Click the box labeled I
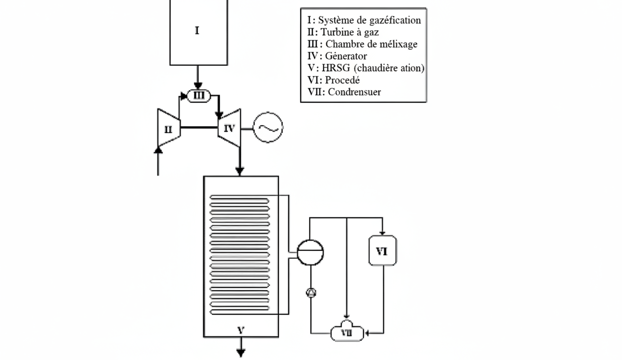click(198, 32)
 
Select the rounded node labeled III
click(199, 96)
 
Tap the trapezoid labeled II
click(169, 128)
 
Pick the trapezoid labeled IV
click(229, 128)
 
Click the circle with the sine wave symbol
click(268, 128)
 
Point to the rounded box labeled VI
click(382, 251)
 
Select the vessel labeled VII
click(347, 331)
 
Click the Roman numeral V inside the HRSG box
click(241, 330)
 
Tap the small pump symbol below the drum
click(311, 293)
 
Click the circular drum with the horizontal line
click(311, 252)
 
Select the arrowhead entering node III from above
click(198, 86)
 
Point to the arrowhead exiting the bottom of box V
click(241, 354)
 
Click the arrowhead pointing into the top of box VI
click(382, 233)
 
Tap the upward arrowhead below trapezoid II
click(158, 150)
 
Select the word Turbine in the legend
click(336, 32)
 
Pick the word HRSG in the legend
click(336, 68)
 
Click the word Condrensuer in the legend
click(354, 92)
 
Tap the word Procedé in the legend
click(342, 80)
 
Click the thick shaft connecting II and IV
click(199, 128)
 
